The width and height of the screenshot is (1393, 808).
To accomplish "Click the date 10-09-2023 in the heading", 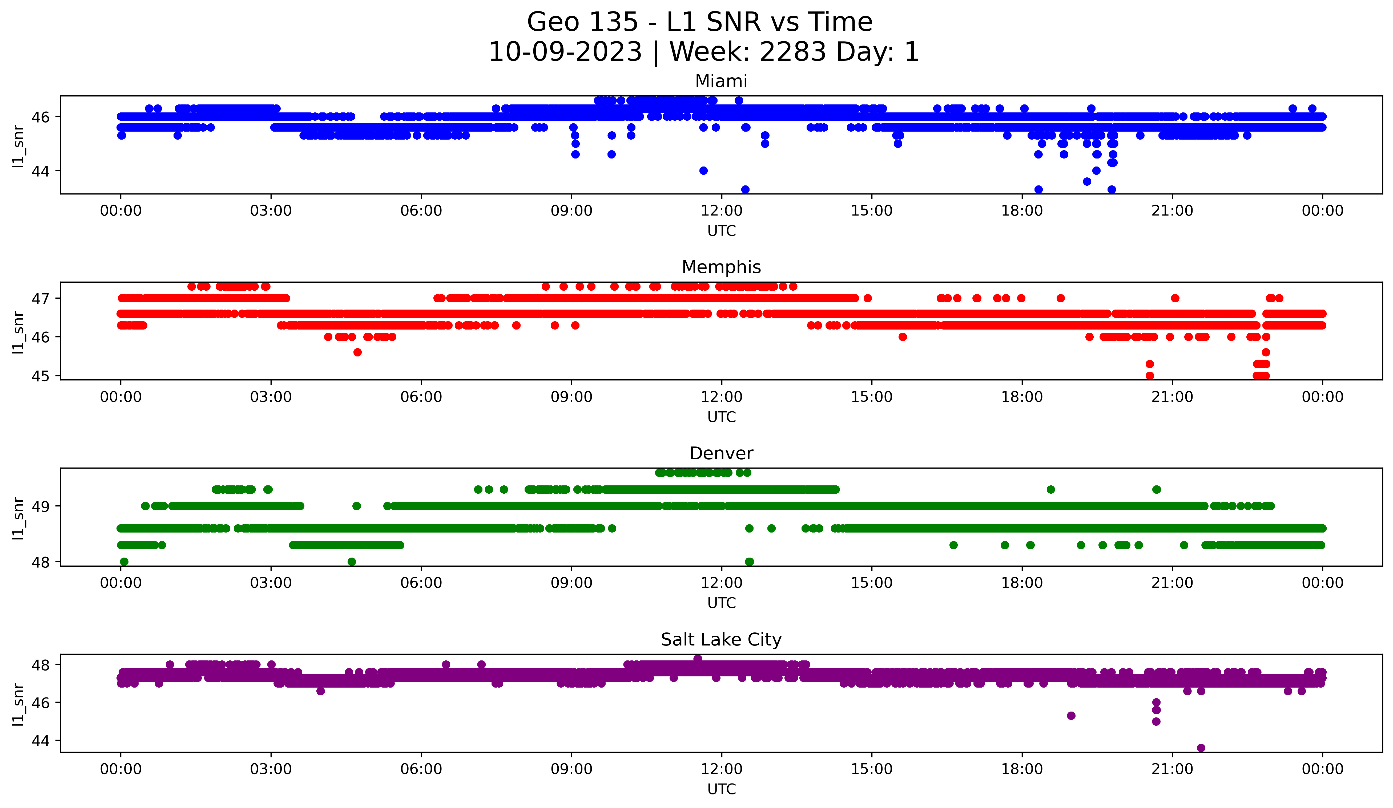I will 565,52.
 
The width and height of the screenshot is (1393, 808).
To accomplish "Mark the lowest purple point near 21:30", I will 1201,748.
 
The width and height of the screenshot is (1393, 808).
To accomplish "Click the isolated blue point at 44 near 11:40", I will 703,171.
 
